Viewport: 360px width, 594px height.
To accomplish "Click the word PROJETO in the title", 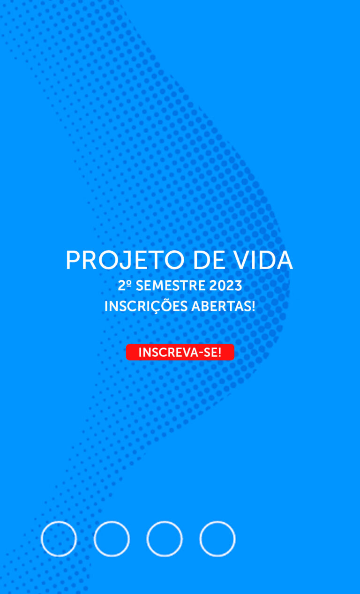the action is (125, 260).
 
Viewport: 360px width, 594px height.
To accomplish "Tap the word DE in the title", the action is (209, 260).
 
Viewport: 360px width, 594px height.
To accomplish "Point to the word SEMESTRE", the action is (171, 286).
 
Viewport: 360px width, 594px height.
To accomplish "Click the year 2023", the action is (225, 286).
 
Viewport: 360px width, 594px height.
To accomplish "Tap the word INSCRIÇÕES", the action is (146, 306).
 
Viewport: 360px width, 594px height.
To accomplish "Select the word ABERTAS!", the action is (223, 306).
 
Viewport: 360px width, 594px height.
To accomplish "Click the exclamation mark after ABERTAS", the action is (253, 306).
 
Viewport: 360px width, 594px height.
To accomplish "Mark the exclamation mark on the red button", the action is (219, 352).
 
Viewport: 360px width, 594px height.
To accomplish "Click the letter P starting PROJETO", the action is (73, 260).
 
